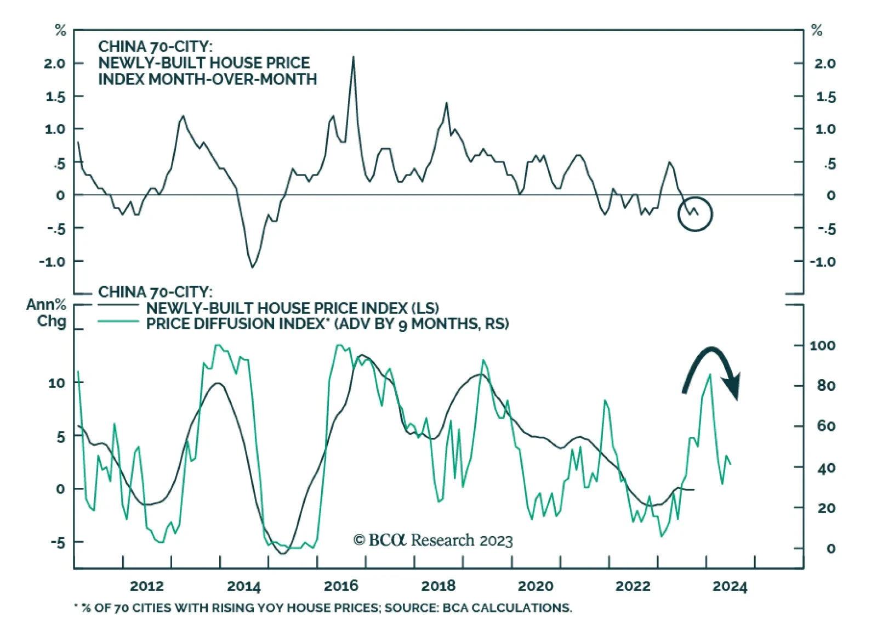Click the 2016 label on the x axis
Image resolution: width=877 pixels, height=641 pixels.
[341, 586]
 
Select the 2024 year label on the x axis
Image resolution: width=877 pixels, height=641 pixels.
[730, 586]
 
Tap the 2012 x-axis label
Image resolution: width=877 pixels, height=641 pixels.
[146, 586]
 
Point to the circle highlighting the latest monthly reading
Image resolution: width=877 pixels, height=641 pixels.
[695, 213]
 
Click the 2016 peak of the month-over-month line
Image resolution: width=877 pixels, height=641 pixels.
[353, 57]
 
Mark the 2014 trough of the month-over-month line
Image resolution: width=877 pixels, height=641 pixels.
[252, 267]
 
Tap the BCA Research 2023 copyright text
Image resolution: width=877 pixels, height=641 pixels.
[433, 541]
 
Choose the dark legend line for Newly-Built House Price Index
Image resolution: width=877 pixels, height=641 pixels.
[118, 306]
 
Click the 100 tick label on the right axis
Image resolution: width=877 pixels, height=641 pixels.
[822, 346]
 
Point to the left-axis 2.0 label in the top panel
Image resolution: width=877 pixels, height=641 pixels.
[54, 64]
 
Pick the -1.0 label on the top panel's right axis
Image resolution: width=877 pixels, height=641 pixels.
[822, 262]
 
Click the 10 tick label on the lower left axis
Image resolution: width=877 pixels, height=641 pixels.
[56, 383]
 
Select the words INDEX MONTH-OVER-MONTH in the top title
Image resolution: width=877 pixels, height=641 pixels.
[207, 80]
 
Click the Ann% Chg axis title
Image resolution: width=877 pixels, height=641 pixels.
[47, 313]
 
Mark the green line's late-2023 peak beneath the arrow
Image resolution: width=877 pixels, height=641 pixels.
[710, 374]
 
